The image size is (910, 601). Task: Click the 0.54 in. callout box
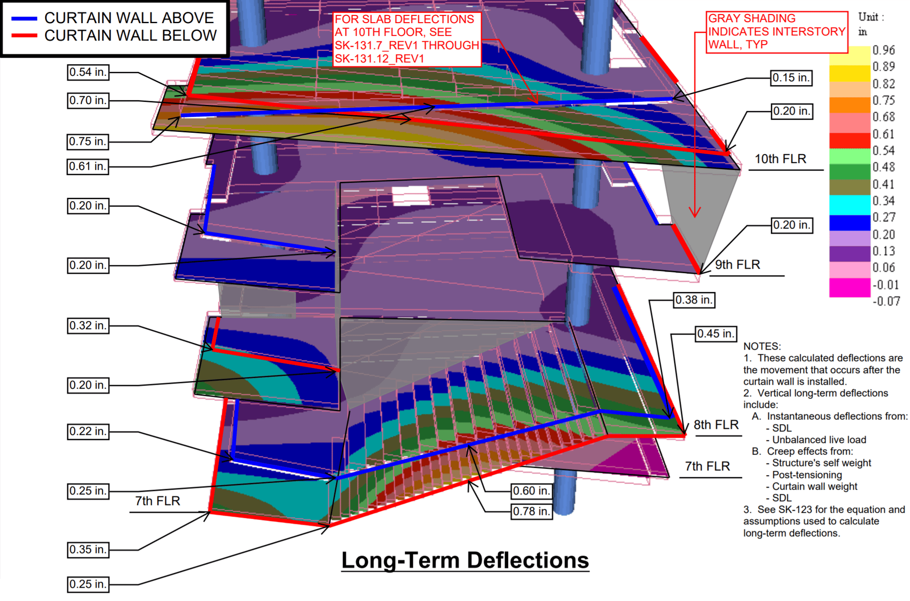point(88,72)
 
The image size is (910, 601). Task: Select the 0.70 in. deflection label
point(88,100)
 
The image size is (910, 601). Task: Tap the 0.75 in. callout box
point(88,142)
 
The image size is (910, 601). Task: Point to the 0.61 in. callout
point(88,166)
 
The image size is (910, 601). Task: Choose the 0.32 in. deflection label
point(88,326)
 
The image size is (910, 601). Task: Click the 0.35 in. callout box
point(88,550)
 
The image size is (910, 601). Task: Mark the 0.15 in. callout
point(791,78)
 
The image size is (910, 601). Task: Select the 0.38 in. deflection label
point(694,300)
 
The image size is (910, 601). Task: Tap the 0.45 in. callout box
point(716,334)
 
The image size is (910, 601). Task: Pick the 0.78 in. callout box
point(531,511)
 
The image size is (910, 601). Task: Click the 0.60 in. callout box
point(531,491)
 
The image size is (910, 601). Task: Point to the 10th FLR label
point(780,159)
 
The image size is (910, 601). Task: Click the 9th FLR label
point(738,265)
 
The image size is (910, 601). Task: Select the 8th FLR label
point(716,425)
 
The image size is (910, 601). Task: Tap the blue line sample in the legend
point(24,19)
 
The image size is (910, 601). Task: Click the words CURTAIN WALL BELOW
point(131,35)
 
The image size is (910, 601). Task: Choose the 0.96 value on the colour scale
point(884,50)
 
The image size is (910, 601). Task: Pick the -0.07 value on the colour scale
point(886,301)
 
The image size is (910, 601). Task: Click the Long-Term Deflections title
point(465,560)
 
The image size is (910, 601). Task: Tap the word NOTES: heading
point(762,346)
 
